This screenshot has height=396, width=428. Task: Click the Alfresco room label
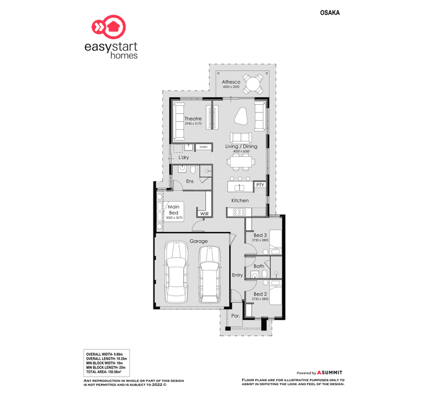tap(231, 83)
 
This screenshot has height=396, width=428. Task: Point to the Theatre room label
tap(193, 119)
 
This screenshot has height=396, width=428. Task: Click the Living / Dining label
tap(241, 146)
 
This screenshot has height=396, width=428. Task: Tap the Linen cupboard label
tap(203, 147)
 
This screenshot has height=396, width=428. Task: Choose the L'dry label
tap(184, 158)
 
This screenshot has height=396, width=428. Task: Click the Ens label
tap(190, 181)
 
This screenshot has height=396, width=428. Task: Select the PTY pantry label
tap(260, 185)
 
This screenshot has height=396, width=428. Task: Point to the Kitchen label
tap(240, 201)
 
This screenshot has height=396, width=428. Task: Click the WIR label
tap(204, 213)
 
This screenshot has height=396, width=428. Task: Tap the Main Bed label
tap(173, 210)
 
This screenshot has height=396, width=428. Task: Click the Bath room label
tap(259, 266)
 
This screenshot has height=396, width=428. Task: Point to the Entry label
tap(237, 275)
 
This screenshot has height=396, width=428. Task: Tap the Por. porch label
tap(235, 315)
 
